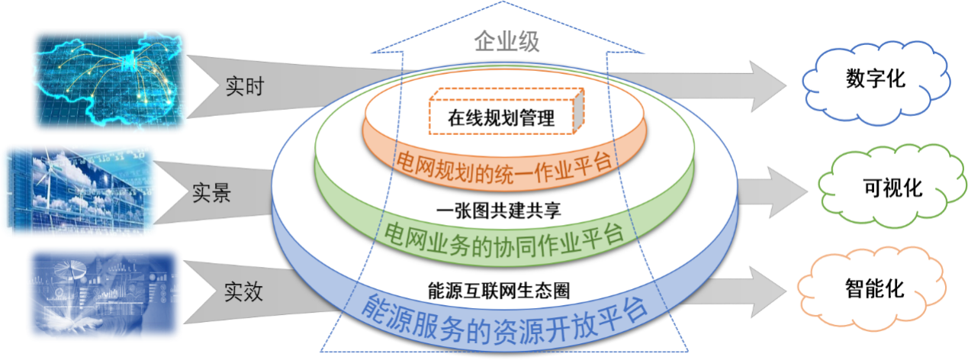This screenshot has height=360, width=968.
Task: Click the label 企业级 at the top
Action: [x=506, y=41]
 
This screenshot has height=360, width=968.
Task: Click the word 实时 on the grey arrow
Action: [x=244, y=85]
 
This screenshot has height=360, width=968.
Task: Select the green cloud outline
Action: [x=889, y=184]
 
